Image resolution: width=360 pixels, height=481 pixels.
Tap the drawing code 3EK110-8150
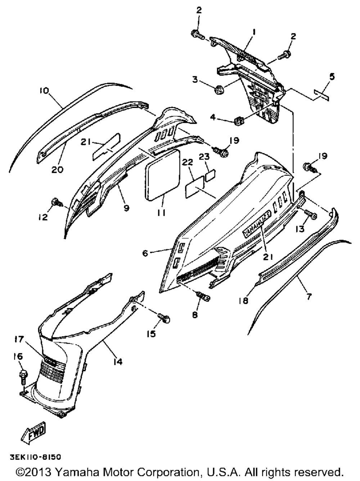(x=33, y=457)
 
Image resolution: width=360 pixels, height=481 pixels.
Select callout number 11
(x=161, y=213)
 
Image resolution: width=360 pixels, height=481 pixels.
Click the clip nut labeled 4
(x=239, y=121)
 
